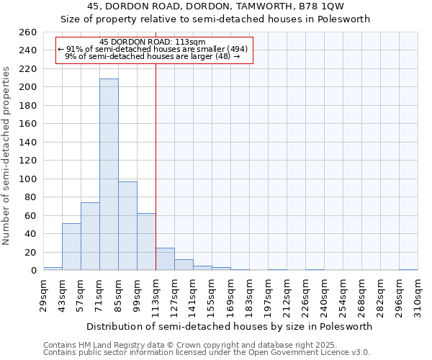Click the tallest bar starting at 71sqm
click(x=109, y=174)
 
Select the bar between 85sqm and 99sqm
click(x=127, y=226)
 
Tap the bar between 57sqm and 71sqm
click(x=90, y=236)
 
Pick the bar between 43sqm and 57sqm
click(x=71, y=247)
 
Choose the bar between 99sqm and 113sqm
click(x=146, y=242)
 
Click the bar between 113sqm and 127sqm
click(x=165, y=259)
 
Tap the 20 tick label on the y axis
click(x=31, y=252)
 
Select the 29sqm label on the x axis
click(x=43, y=294)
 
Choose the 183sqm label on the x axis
click(x=249, y=296)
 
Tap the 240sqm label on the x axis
click(x=324, y=296)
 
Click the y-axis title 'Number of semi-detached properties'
click(x=7, y=156)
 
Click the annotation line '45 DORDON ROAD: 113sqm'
click(x=153, y=42)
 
